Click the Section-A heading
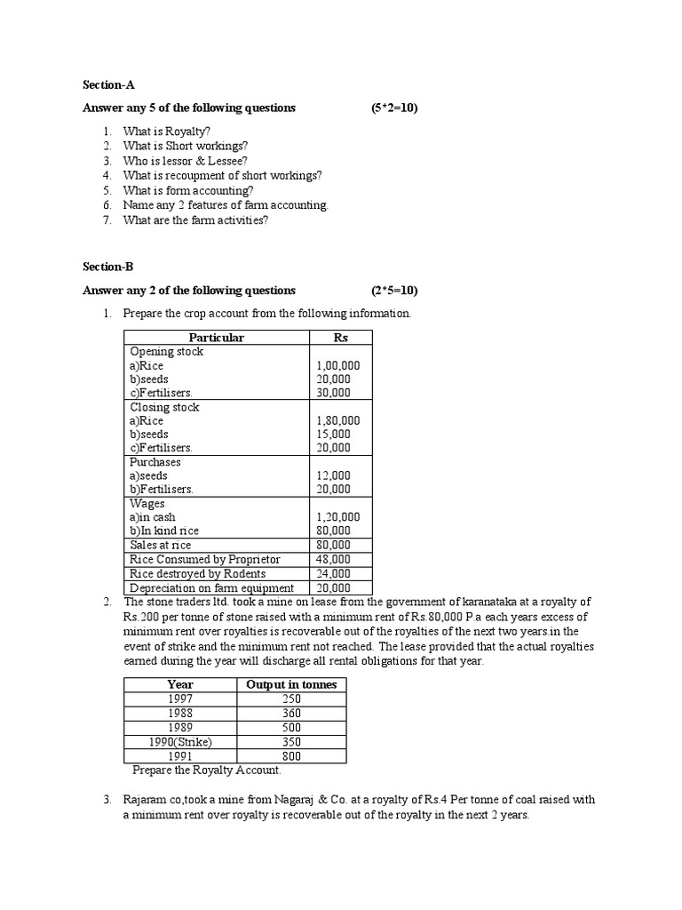pyautogui.click(x=108, y=84)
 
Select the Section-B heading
pyautogui.click(x=108, y=267)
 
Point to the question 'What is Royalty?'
pyautogui.click(x=167, y=132)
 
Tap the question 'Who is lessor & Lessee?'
pyautogui.click(x=186, y=161)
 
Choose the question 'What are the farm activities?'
pyautogui.click(x=195, y=220)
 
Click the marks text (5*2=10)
pyautogui.click(x=394, y=108)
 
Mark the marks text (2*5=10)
pyautogui.click(x=394, y=291)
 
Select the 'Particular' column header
pyautogui.click(x=216, y=338)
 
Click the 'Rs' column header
pyautogui.click(x=340, y=338)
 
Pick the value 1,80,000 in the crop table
pyautogui.click(x=338, y=420)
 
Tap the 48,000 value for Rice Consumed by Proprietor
pyautogui.click(x=333, y=559)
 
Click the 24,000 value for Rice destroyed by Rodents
pyautogui.click(x=333, y=573)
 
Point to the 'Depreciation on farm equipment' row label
pyautogui.click(x=211, y=587)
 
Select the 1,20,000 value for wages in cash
pyautogui.click(x=338, y=517)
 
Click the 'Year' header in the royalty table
pyautogui.click(x=179, y=684)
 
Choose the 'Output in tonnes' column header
pyautogui.click(x=291, y=684)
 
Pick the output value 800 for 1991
pyautogui.click(x=291, y=756)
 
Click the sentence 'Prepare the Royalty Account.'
pyautogui.click(x=206, y=770)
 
